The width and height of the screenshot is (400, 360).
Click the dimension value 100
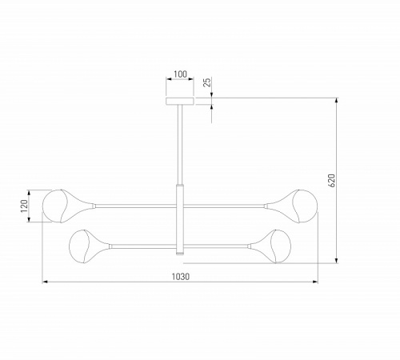(180, 74)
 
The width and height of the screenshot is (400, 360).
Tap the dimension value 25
(207, 82)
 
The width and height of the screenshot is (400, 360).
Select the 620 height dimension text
(331, 180)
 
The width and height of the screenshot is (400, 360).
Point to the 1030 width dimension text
(181, 277)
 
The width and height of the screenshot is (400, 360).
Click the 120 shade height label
(24, 206)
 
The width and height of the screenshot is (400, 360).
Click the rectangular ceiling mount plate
(180, 101)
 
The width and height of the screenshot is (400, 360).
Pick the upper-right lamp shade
(291, 206)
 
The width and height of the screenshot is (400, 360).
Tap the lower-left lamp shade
(90, 246)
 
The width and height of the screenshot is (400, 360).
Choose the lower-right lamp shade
(270, 246)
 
